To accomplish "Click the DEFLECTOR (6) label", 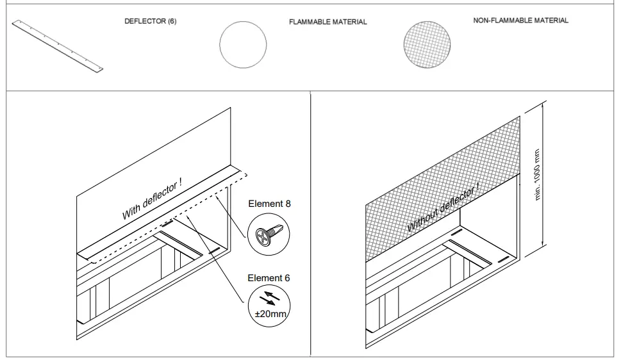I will tap(150, 21).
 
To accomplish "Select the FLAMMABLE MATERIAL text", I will tap(328, 22).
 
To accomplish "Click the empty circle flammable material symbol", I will tap(242, 46).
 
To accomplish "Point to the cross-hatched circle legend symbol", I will tap(426, 46).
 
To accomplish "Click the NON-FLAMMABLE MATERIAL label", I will tap(520, 20).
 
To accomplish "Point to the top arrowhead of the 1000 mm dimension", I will tap(543, 103).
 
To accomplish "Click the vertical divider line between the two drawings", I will tap(310, 224).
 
